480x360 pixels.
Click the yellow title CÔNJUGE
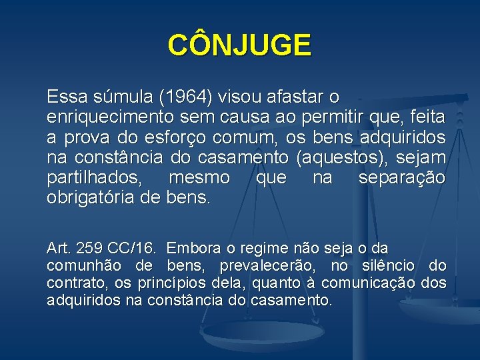(239, 45)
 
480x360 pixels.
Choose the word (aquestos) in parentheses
(344, 158)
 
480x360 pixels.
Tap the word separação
(402, 178)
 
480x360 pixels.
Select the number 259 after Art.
(89, 249)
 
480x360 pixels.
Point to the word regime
(263, 249)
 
